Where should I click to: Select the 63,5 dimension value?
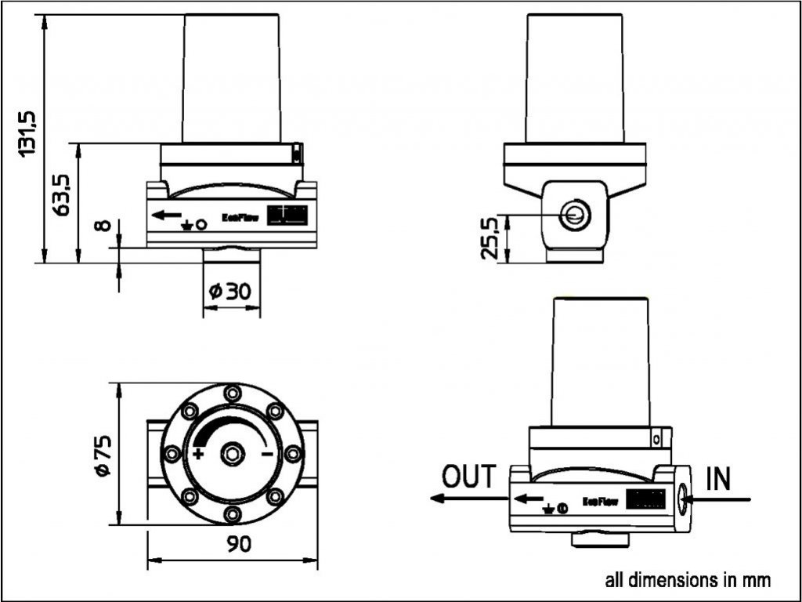click(x=63, y=194)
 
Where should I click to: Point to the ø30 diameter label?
click(x=231, y=292)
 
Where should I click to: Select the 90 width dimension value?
click(x=233, y=543)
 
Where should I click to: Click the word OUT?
click(x=469, y=476)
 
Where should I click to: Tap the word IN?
click(x=718, y=478)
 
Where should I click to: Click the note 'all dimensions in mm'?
click(x=688, y=580)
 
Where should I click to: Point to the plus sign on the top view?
click(x=198, y=454)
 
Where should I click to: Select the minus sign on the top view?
click(x=267, y=454)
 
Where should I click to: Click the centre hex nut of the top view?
click(x=233, y=453)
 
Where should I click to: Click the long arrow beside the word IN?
click(x=717, y=498)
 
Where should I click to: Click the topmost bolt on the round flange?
click(x=233, y=393)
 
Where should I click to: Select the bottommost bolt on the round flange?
click(x=233, y=513)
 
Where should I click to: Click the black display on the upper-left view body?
click(x=284, y=216)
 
